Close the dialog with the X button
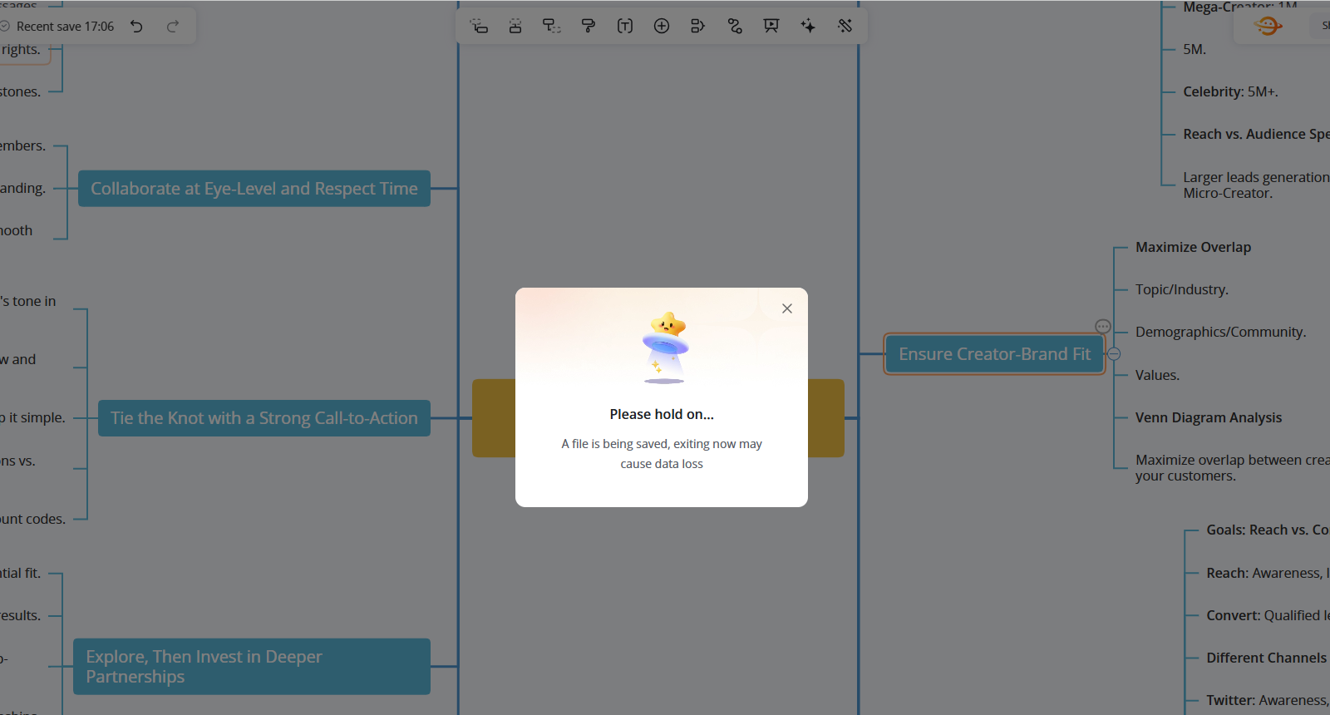(787, 308)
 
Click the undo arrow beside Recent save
(137, 27)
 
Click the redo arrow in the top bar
(173, 27)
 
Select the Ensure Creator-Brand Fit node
(994, 354)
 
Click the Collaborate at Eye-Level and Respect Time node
(254, 189)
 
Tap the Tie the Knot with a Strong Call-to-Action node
(264, 418)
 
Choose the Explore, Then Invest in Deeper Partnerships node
(251, 667)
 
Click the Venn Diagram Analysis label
(1208, 417)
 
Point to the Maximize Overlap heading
(1193, 247)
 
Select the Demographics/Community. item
(1220, 332)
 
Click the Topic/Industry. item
(1181, 289)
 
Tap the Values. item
(1157, 375)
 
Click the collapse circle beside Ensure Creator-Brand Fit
(1115, 354)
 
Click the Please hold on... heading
(662, 414)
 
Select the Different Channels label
(1266, 658)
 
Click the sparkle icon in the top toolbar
(808, 26)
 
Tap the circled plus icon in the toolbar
(662, 26)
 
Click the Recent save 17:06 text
(65, 27)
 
